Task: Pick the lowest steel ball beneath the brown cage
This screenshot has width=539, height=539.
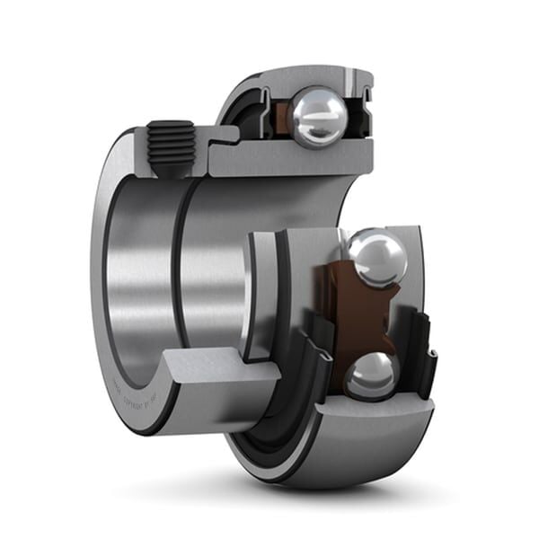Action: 370,376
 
